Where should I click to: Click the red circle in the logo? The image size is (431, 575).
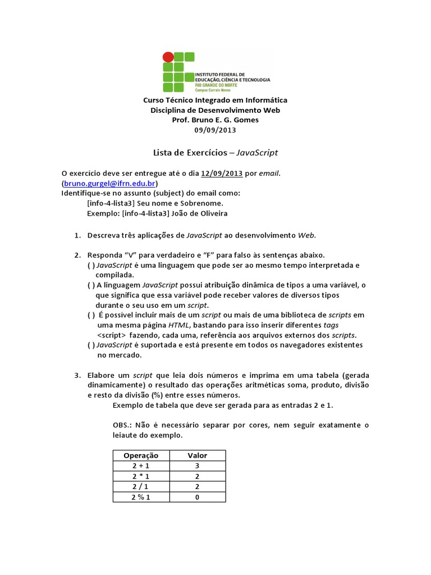pyautogui.click(x=167, y=57)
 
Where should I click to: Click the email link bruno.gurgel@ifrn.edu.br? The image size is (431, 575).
pyautogui.click(x=110, y=184)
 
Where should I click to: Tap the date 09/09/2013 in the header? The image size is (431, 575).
pyautogui.click(x=215, y=130)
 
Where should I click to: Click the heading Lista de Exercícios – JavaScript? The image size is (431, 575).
pyautogui.click(x=215, y=152)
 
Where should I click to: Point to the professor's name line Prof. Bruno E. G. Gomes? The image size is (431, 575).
pyautogui.click(x=215, y=120)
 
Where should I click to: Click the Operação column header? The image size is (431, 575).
pyautogui.click(x=141, y=455)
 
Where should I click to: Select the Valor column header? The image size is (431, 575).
pyautogui.click(x=198, y=455)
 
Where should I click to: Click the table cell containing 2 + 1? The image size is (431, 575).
pyautogui.click(x=141, y=466)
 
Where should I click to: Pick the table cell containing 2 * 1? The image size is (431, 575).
pyautogui.click(x=141, y=476)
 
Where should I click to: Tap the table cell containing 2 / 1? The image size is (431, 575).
pyautogui.click(x=141, y=486)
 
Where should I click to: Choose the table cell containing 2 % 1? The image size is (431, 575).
pyautogui.click(x=141, y=497)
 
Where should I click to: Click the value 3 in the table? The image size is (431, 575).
pyautogui.click(x=198, y=466)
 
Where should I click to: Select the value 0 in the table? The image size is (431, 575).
pyautogui.click(x=198, y=497)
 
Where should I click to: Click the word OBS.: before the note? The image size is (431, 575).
pyautogui.click(x=123, y=425)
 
